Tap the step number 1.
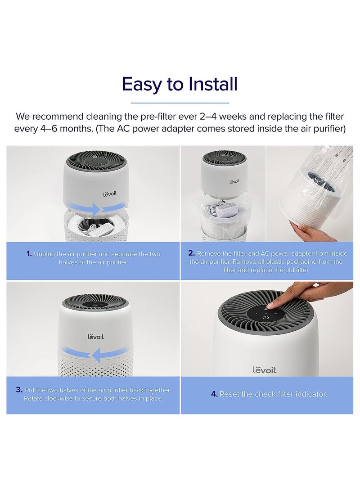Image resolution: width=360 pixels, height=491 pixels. point(29,254)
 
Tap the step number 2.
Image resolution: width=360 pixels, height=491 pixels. point(191,253)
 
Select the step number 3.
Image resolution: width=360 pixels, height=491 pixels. point(19,390)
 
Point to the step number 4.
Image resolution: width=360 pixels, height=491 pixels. point(214,394)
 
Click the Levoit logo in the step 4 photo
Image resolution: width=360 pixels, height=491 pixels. point(264,369)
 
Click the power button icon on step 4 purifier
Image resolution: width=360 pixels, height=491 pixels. point(266,317)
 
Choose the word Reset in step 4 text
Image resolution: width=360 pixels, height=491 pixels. point(229,394)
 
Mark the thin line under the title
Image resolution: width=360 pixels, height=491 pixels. point(180,103)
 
